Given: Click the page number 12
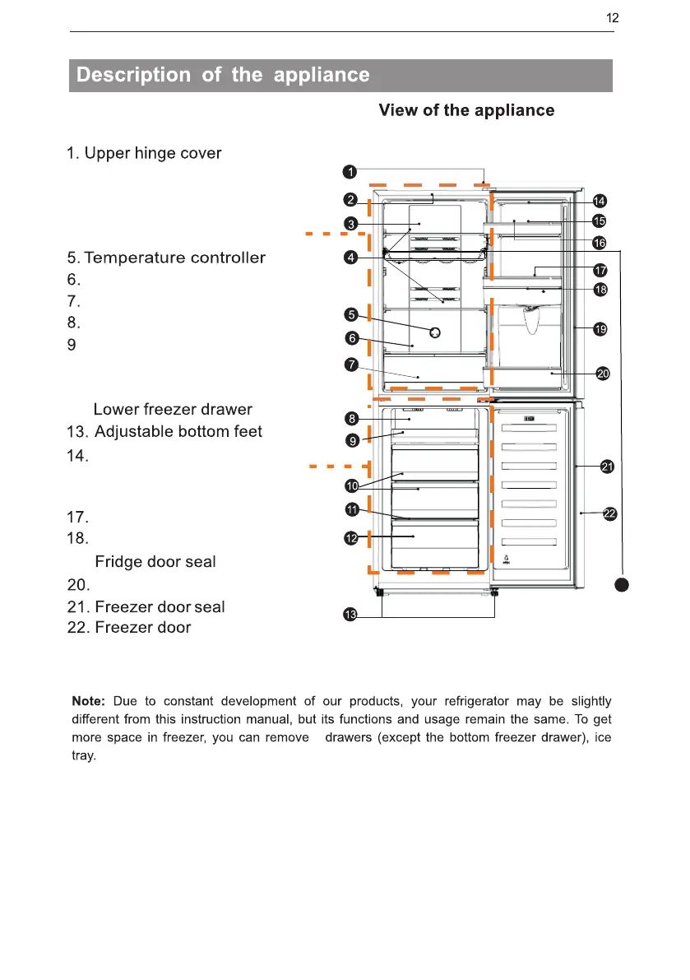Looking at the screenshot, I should click(x=612, y=18).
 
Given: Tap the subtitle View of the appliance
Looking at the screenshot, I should click(x=466, y=110).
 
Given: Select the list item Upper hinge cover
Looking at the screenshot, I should click(x=144, y=154).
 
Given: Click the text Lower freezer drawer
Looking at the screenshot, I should click(x=173, y=410).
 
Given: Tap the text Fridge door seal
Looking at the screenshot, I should click(x=155, y=562).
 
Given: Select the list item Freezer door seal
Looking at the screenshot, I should click(x=146, y=607).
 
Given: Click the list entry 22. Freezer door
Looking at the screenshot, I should click(x=128, y=628).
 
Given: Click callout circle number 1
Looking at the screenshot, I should click(x=350, y=172).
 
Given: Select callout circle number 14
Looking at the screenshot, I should click(x=600, y=201).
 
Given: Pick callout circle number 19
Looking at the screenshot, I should click(x=601, y=329).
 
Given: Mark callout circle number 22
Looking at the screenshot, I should click(x=609, y=513).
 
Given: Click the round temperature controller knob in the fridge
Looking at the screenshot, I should click(x=436, y=332).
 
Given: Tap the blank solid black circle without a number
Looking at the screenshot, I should click(x=622, y=584).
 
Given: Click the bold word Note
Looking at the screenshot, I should click(x=88, y=702).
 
